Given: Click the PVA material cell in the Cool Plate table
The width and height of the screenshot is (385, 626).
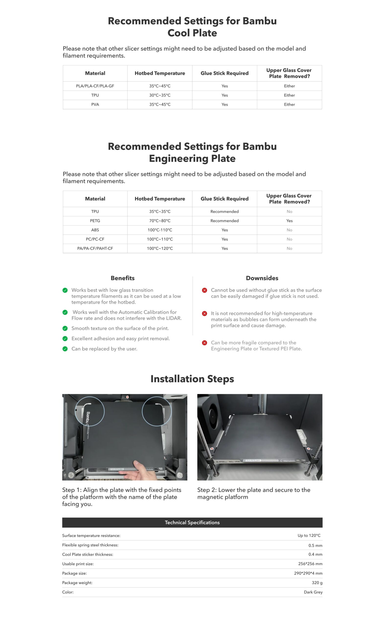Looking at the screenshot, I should pyautogui.click(x=95, y=104).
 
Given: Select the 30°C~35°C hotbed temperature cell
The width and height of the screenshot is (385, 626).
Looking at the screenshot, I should pyautogui.click(x=160, y=95).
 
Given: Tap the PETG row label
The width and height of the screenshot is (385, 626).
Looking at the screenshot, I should pyautogui.click(x=95, y=221).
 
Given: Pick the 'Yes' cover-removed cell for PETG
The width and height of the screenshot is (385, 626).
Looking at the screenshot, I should pyautogui.click(x=289, y=221).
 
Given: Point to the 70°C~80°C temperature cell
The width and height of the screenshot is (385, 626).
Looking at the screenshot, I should pyautogui.click(x=160, y=221).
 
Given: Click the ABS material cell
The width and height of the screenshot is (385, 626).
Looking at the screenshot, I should pyautogui.click(x=95, y=230).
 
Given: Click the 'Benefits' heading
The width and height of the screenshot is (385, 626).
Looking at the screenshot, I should pyautogui.click(x=122, y=278).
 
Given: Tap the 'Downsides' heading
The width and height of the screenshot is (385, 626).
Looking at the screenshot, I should pyautogui.click(x=262, y=278).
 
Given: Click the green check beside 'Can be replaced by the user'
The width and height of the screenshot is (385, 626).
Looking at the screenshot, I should pyautogui.click(x=65, y=349).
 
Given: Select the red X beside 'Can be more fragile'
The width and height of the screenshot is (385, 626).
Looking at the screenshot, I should pyautogui.click(x=204, y=343).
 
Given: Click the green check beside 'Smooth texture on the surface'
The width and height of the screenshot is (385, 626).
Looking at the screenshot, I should pyautogui.click(x=65, y=329).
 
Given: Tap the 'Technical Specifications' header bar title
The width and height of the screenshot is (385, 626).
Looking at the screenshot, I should pyautogui.click(x=192, y=523).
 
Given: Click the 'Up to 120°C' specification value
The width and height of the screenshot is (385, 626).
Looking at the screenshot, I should pyautogui.click(x=309, y=536).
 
